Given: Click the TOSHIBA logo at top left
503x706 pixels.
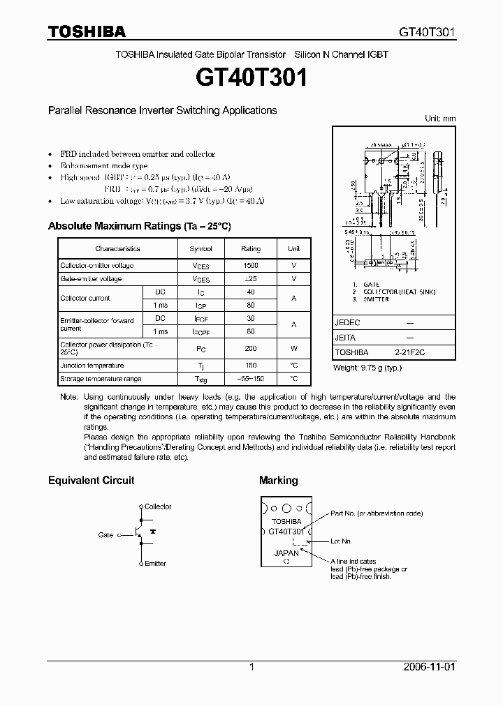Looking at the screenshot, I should (x=87, y=31).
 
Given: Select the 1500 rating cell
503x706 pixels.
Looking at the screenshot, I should (x=251, y=266).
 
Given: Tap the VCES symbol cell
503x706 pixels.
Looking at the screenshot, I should (x=201, y=266).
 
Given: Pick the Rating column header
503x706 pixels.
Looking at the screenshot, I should (x=251, y=248).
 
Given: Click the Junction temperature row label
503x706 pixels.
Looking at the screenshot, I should (x=92, y=366).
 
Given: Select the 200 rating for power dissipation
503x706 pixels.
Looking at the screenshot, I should (x=251, y=349).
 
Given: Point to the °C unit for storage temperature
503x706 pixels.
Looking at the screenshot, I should (x=293, y=379).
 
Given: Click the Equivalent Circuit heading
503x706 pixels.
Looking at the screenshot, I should (x=91, y=480).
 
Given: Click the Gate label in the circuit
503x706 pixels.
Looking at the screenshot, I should (x=105, y=535).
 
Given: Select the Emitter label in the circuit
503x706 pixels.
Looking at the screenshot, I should (x=155, y=563).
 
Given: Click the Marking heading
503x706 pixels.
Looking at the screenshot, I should (x=278, y=480).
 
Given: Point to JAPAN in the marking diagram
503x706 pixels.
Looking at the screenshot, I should (x=285, y=553).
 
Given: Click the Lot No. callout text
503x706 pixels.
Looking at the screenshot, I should (x=342, y=541).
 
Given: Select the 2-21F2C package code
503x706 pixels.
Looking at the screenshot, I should (x=409, y=353).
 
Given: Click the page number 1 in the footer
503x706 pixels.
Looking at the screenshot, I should (x=251, y=667).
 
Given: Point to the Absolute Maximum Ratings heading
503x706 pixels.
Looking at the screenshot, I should (x=139, y=226).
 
